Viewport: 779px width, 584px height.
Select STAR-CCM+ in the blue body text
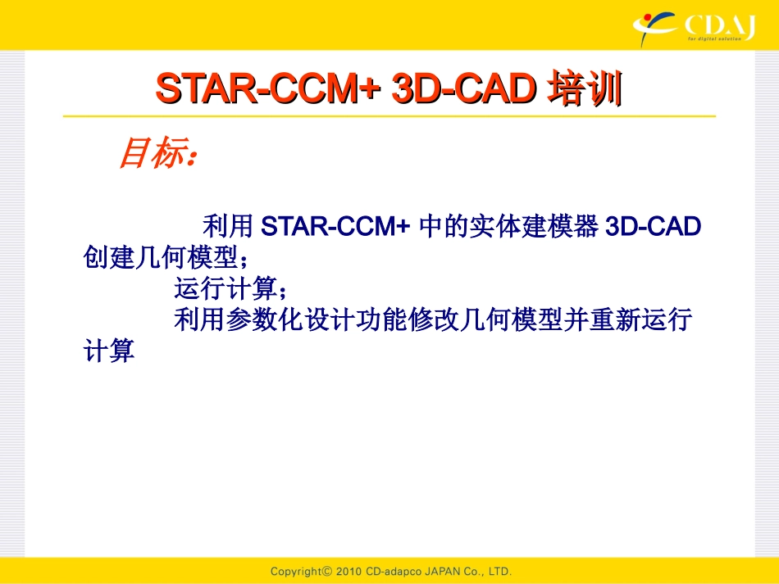click(x=335, y=226)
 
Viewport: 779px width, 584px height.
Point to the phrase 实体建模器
click(x=531, y=226)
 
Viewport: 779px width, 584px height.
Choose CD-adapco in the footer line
click(x=391, y=571)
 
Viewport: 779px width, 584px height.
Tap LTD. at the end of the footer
click(x=497, y=571)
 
